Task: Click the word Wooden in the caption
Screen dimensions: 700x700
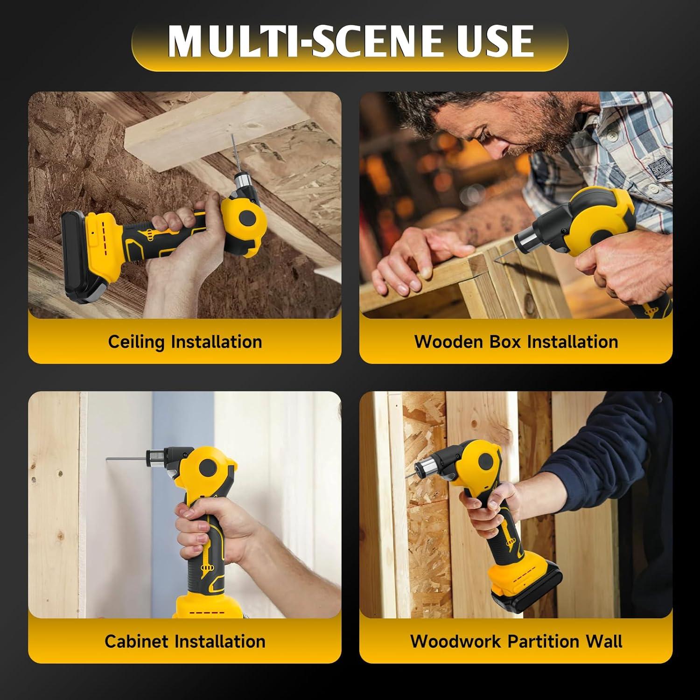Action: coord(448,342)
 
